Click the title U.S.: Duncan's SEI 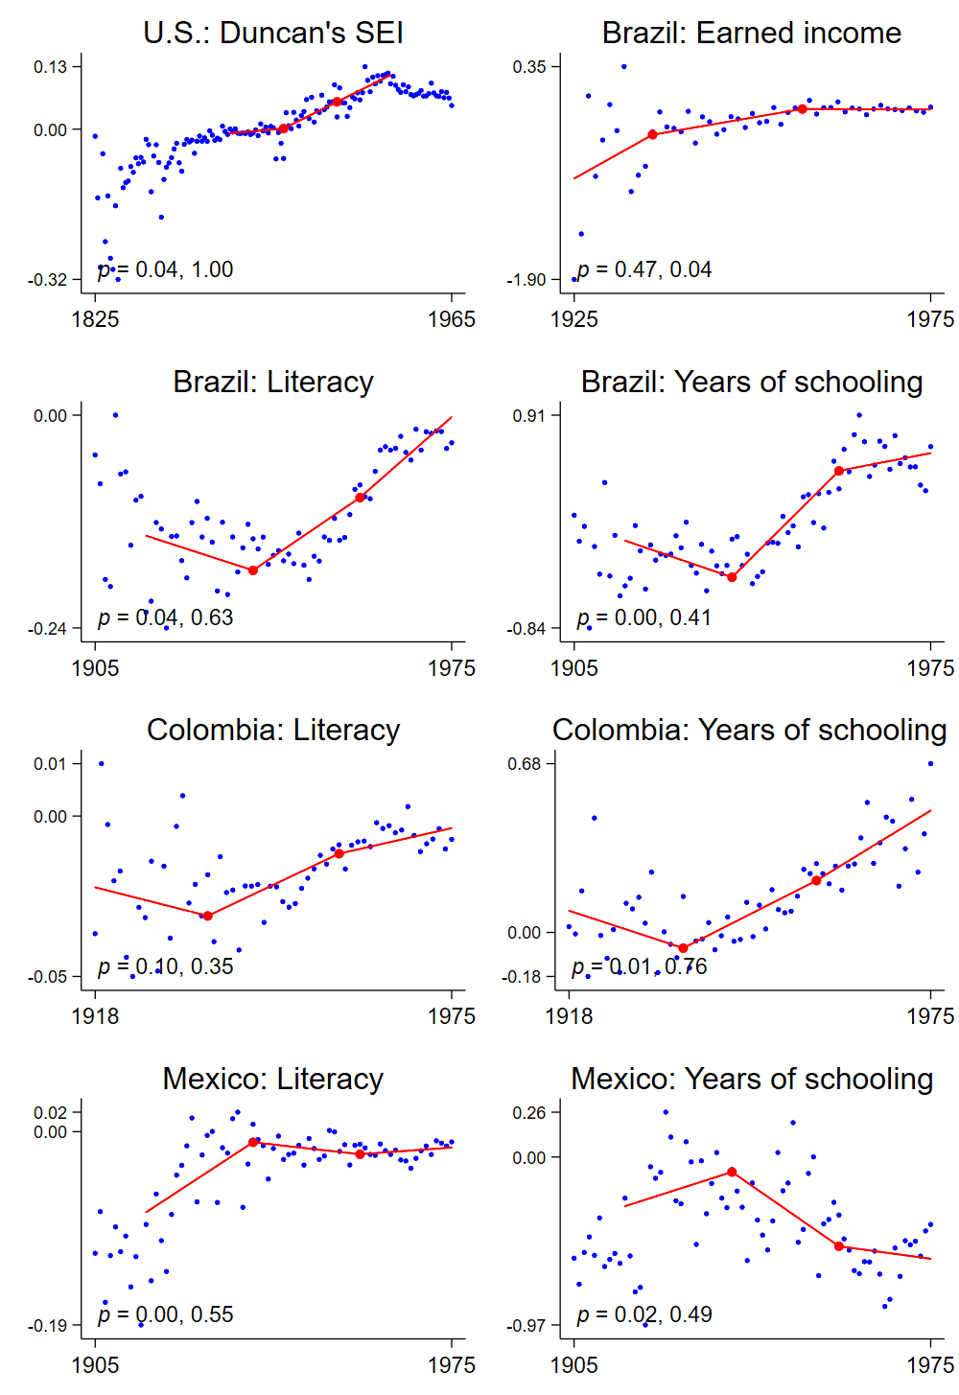point(273,33)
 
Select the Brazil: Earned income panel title point(752,33)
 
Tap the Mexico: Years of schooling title point(752,1079)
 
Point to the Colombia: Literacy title point(273,730)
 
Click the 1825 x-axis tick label point(95,319)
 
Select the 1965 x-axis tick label point(452,319)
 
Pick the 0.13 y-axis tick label point(51,66)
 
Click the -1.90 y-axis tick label point(526,280)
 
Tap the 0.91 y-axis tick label point(529,415)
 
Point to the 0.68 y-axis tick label point(525,763)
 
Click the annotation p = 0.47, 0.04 point(644,269)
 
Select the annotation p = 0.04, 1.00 point(166,269)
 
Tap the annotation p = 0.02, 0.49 point(644,1314)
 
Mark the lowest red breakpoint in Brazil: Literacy point(253,570)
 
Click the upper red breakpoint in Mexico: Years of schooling point(732,1172)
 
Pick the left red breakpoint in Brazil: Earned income point(653,134)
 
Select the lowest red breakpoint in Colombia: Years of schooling point(683,948)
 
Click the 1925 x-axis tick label point(574,319)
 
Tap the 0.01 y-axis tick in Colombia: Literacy point(51,763)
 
